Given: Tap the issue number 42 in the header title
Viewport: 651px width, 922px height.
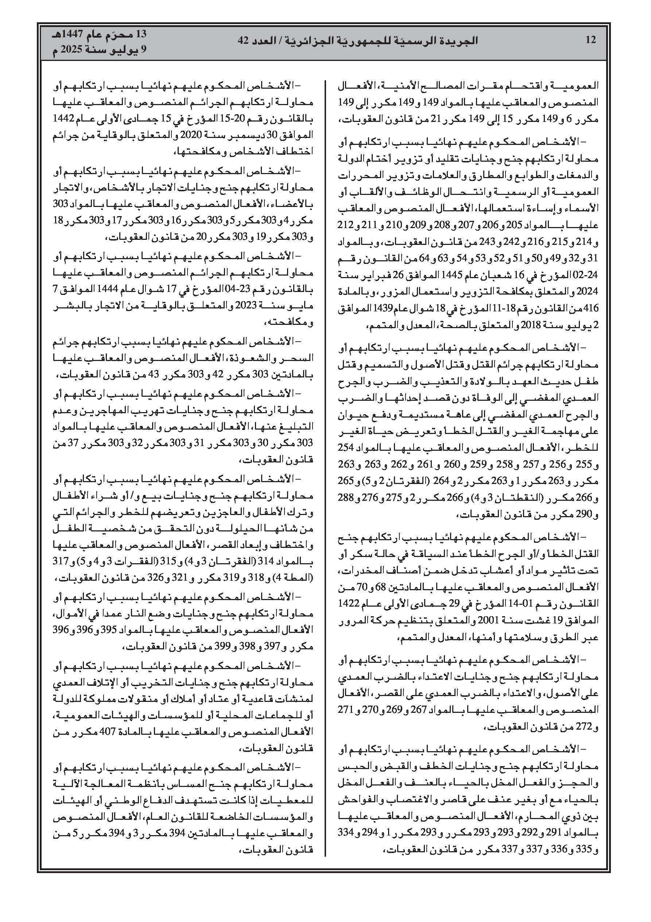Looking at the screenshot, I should (244, 40).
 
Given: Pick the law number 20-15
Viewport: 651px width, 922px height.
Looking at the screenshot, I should (229, 120).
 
